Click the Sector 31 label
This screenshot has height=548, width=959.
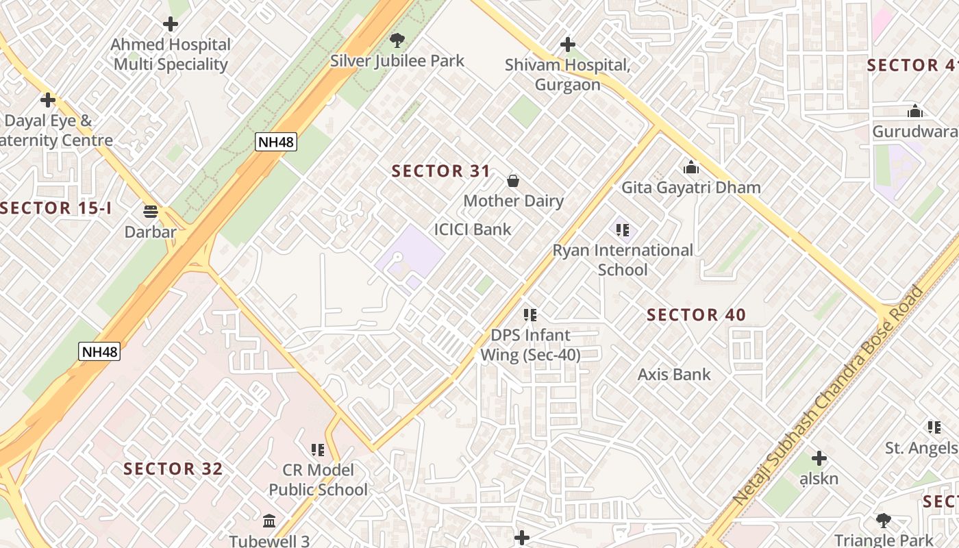point(440,171)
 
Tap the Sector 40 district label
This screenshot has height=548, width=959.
point(696,315)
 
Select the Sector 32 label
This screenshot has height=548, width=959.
point(173,469)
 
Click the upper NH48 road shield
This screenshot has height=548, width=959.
point(275,142)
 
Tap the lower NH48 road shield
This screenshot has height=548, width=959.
point(99,351)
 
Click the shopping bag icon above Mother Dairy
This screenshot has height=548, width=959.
point(512,181)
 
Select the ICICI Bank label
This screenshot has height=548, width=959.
point(473,229)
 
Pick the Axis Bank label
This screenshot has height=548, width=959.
point(674,375)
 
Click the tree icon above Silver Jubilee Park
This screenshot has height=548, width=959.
point(396,40)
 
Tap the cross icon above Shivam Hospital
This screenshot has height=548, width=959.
point(567,45)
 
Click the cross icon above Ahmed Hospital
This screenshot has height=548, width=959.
point(170,24)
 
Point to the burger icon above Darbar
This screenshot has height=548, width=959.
point(151,211)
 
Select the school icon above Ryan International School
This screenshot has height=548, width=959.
point(622,230)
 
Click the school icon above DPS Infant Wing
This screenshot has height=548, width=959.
point(530,315)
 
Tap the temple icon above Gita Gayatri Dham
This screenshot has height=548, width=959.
point(690,167)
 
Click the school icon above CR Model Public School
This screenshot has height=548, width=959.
point(318,450)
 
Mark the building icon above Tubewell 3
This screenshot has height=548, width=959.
point(269,521)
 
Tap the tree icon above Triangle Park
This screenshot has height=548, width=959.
point(884,521)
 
